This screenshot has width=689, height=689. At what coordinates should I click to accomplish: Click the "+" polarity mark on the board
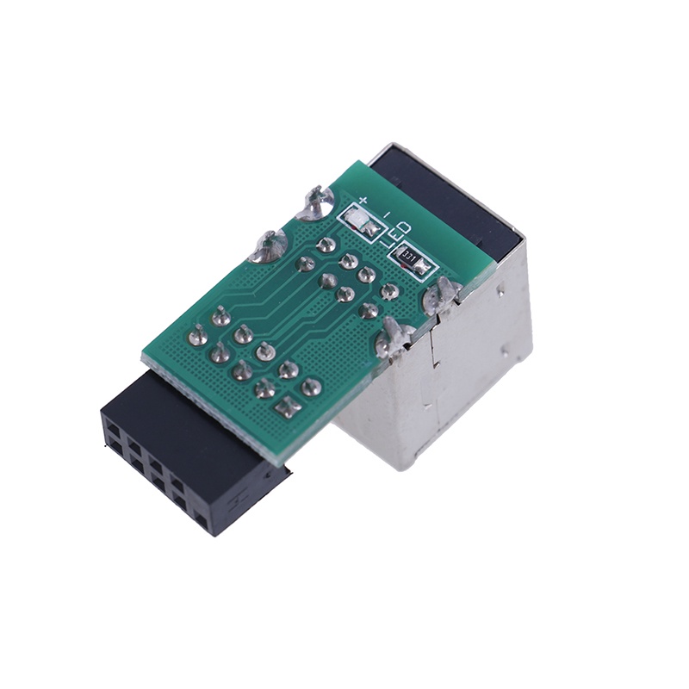pyautogui.click(x=363, y=202)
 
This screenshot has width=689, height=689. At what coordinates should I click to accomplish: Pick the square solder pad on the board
pyautogui.click(x=283, y=404)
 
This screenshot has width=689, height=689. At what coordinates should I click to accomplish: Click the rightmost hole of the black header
pyautogui.click(x=202, y=520)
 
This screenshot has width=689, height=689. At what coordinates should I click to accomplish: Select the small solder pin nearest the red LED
pyautogui.click(x=326, y=245)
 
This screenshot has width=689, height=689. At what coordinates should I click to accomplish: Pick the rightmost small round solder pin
pyautogui.click(x=388, y=290)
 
